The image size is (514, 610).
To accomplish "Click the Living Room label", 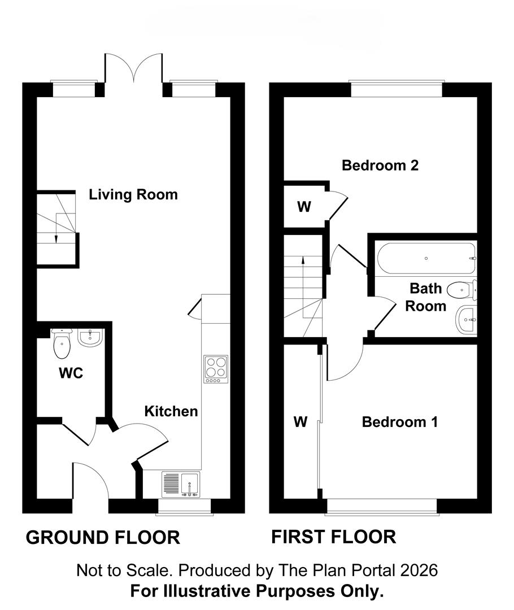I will pyautogui.click(x=133, y=195).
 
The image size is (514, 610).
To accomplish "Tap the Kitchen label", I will pyautogui.click(x=171, y=411).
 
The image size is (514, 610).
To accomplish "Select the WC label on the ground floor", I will pyautogui.click(x=71, y=373).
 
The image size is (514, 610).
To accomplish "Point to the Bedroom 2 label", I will pyautogui.click(x=380, y=165).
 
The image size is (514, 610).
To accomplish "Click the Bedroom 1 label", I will pyautogui.click(x=400, y=422).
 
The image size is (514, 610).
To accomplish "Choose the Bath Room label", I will pyautogui.click(x=426, y=298).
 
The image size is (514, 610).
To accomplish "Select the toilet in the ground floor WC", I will pyautogui.click(x=61, y=345).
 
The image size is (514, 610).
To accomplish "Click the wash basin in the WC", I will pyautogui.click(x=90, y=338).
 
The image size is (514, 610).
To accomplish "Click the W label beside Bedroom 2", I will pyautogui.click(x=304, y=207).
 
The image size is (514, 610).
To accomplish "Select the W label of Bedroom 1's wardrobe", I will pyautogui.click(x=300, y=422).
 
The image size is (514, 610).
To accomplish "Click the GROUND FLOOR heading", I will pyautogui.click(x=103, y=537).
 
